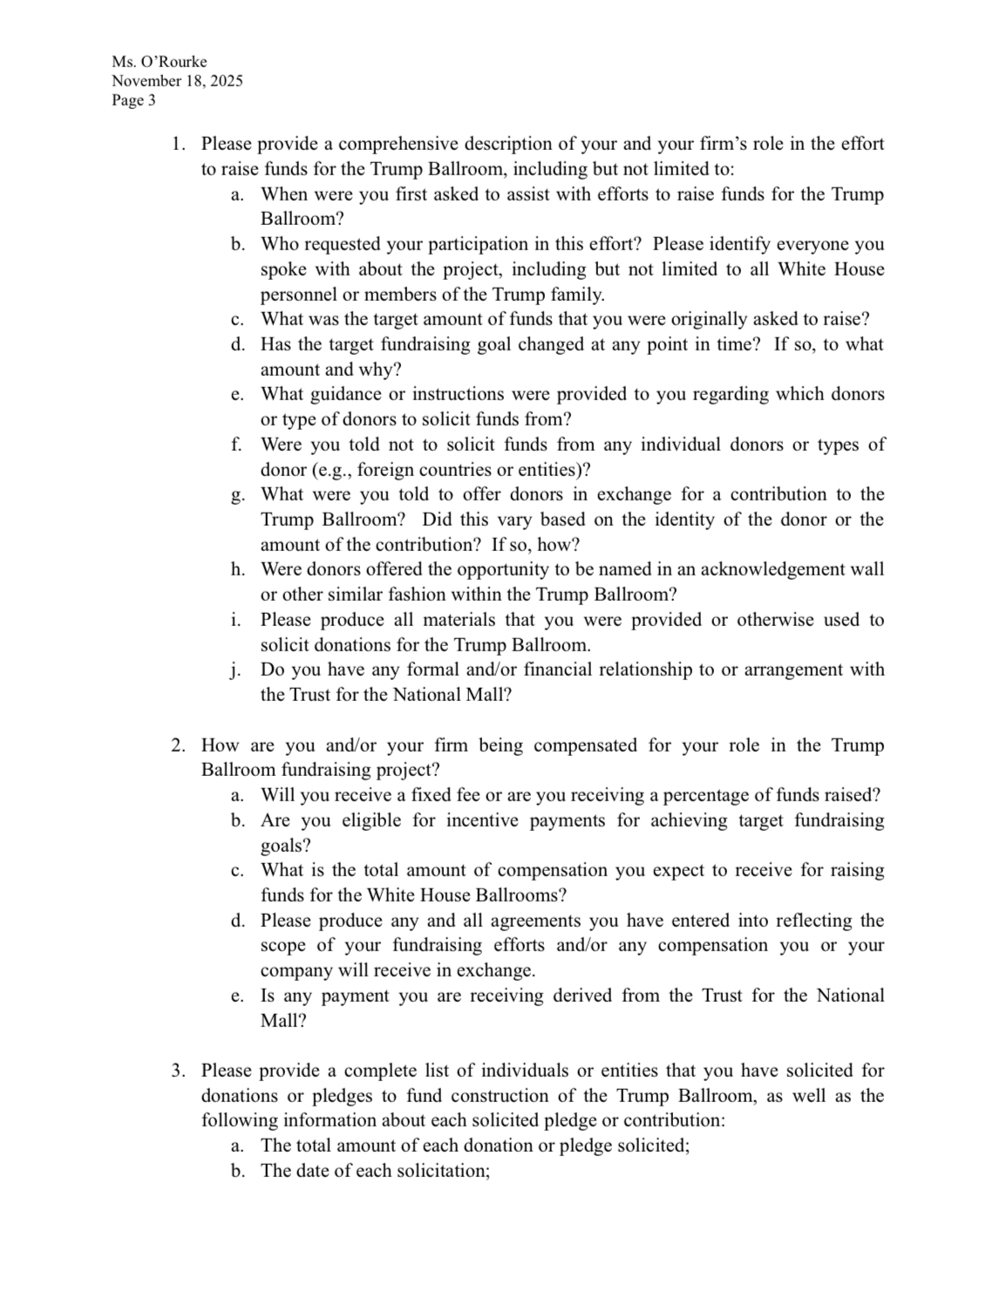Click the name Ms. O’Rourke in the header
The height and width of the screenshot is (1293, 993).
tap(159, 62)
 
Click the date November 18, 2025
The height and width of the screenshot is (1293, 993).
tap(177, 81)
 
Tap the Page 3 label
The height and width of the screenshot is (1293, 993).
tap(133, 100)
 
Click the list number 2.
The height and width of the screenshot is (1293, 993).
tap(178, 745)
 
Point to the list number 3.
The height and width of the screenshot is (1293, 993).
tap(178, 1071)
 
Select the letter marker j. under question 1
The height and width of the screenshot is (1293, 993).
tap(236, 670)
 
